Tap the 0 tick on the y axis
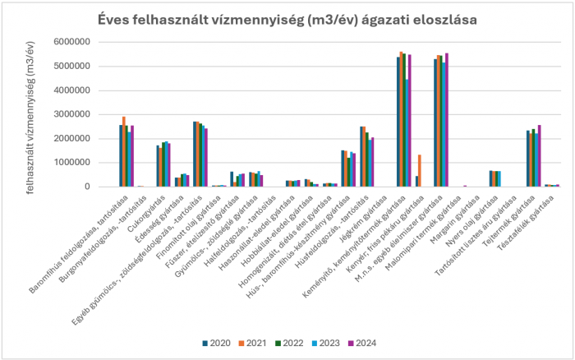coord(85,187)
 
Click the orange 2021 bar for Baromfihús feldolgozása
coord(124,151)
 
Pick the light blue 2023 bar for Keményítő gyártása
coord(406,132)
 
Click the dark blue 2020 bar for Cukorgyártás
coord(158,166)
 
